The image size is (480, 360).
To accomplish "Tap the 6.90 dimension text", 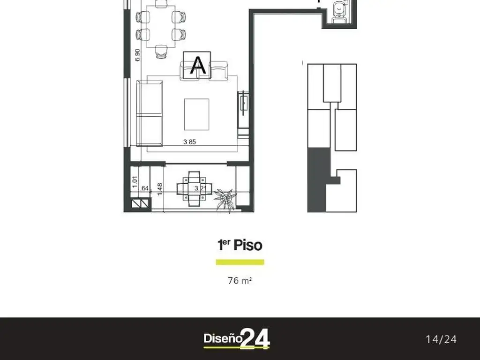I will (x=137, y=55).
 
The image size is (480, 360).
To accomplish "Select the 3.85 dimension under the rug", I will (x=189, y=142).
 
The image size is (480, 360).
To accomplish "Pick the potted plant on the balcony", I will (x=225, y=199).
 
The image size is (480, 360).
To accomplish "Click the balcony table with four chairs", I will (x=191, y=188).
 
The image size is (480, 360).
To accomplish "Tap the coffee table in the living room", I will (x=196, y=114).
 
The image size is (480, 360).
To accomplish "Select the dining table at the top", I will (x=160, y=26).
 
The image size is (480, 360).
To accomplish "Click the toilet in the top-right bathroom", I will (x=337, y=12).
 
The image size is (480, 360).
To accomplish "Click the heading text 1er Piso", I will (x=240, y=245).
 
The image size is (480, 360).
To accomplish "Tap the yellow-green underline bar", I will (x=240, y=262).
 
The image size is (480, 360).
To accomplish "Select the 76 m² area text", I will (x=240, y=281).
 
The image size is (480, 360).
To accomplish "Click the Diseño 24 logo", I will (x=237, y=339).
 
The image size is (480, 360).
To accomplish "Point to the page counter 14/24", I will (x=441, y=339).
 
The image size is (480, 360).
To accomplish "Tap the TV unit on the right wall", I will (x=244, y=114).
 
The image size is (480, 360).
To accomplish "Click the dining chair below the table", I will (x=161, y=52).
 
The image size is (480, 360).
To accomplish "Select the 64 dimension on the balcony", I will (x=145, y=188).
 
